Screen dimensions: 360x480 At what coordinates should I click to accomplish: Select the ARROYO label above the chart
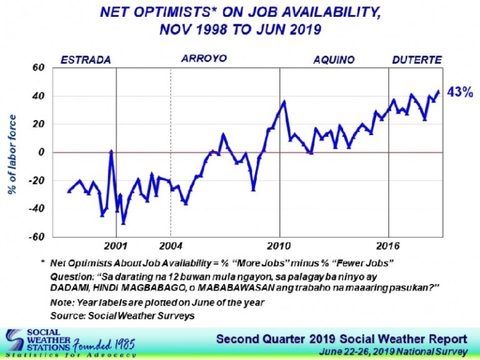click(204, 59)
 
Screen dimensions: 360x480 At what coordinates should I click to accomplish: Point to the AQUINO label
click(334, 60)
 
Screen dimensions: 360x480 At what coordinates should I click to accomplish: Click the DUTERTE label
click(417, 60)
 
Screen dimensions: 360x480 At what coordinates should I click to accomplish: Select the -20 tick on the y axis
click(39, 181)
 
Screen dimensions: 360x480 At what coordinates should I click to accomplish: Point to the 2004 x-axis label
click(171, 244)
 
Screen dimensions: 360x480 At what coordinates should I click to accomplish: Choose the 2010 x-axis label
click(280, 244)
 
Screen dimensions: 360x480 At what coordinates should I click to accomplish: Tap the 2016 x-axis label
click(389, 244)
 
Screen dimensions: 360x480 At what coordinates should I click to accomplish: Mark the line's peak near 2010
click(284, 101)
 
